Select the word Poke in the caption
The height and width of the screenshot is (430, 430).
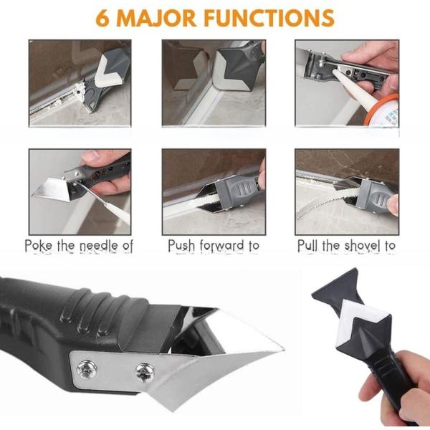click(40, 246)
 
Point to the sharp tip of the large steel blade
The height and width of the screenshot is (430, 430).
click(282, 349)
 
